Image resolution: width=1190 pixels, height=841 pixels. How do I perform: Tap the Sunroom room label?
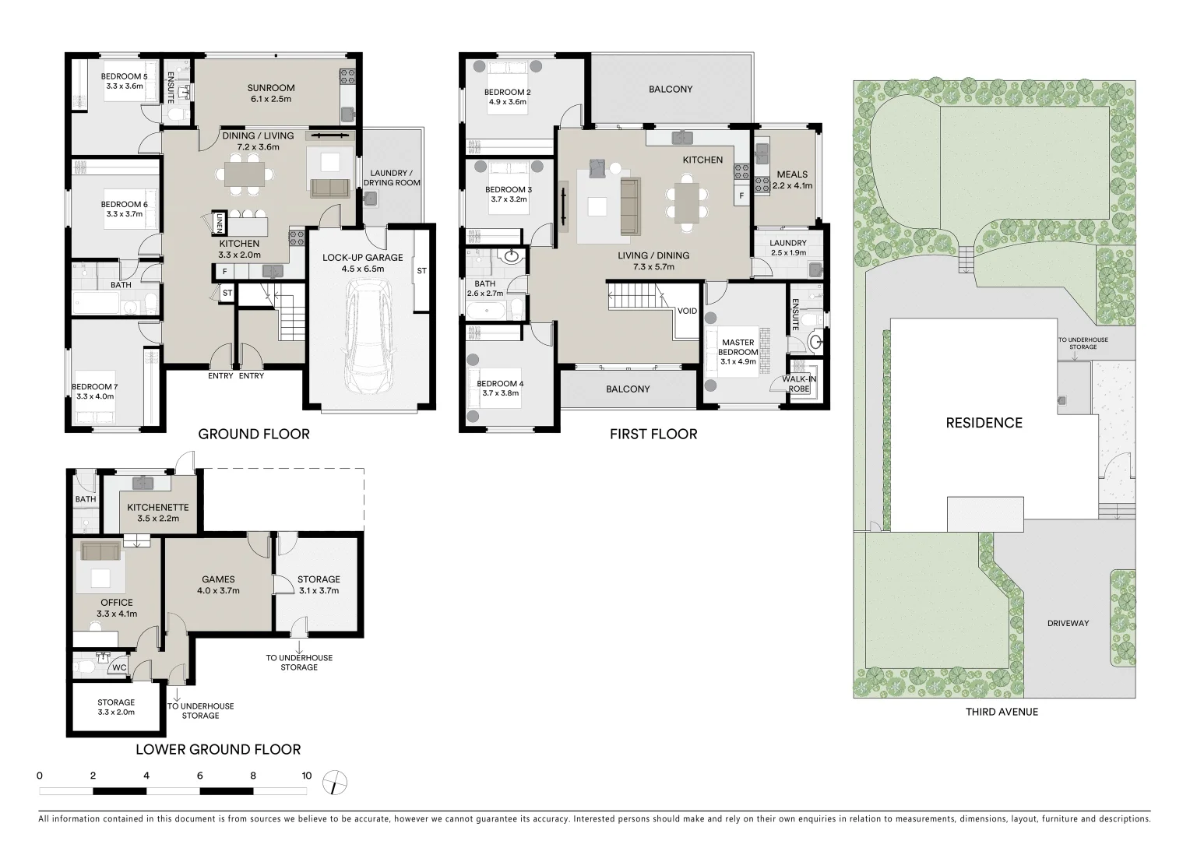point(270,88)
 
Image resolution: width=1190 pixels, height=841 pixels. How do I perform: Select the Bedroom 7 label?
point(93,387)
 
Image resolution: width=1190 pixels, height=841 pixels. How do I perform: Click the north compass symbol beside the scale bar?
point(336,782)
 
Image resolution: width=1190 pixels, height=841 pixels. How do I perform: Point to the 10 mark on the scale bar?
point(307,776)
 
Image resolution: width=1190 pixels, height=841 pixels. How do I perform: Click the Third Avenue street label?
point(1002,712)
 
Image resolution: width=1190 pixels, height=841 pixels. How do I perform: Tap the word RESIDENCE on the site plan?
point(984,423)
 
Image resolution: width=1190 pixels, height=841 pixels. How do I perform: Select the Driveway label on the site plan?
point(1068,623)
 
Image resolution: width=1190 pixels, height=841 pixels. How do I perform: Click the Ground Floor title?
point(254,435)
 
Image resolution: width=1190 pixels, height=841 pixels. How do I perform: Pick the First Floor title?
point(653,435)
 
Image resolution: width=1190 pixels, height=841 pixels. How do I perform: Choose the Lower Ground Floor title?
point(218,750)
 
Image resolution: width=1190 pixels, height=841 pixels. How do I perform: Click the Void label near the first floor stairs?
point(687,311)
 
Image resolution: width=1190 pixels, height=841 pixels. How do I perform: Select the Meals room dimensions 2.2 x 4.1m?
point(792,186)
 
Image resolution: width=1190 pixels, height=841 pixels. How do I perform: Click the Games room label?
point(218,579)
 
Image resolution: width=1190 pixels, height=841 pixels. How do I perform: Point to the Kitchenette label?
point(158,507)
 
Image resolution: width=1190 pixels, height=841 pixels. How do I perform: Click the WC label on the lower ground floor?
point(119,667)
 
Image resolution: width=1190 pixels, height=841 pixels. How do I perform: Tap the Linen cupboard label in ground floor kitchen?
point(220,223)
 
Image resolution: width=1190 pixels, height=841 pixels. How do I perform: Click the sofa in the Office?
point(100,552)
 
